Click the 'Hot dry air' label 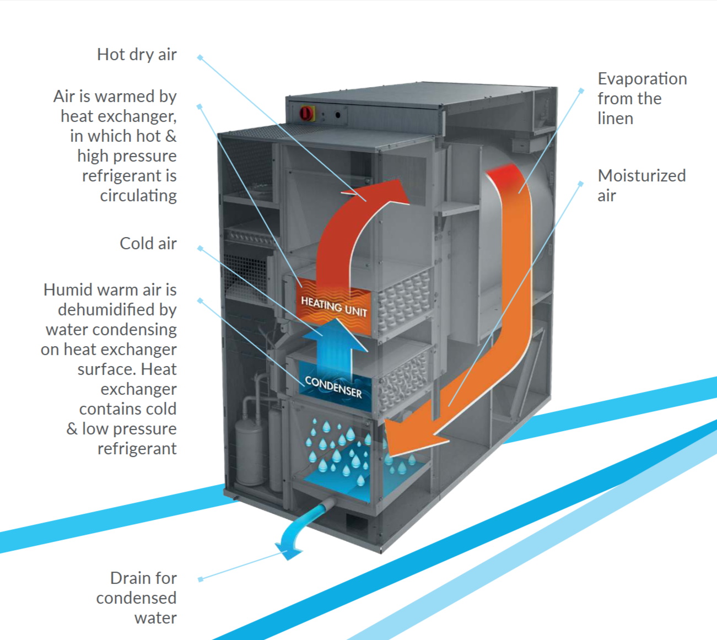tap(137, 55)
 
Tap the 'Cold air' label tap(148, 244)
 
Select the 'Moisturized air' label tap(641, 185)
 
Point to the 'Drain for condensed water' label tap(137, 598)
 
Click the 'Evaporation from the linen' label tap(642, 98)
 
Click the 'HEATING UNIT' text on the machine tap(333, 306)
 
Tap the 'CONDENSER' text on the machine tap(333, 386)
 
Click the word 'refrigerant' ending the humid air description tap(137, 449)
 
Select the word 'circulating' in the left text tap(138, 196)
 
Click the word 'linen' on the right tap(615, 119)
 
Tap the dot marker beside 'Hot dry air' tap(200, 57)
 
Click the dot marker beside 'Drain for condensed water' tap(200, 579)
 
